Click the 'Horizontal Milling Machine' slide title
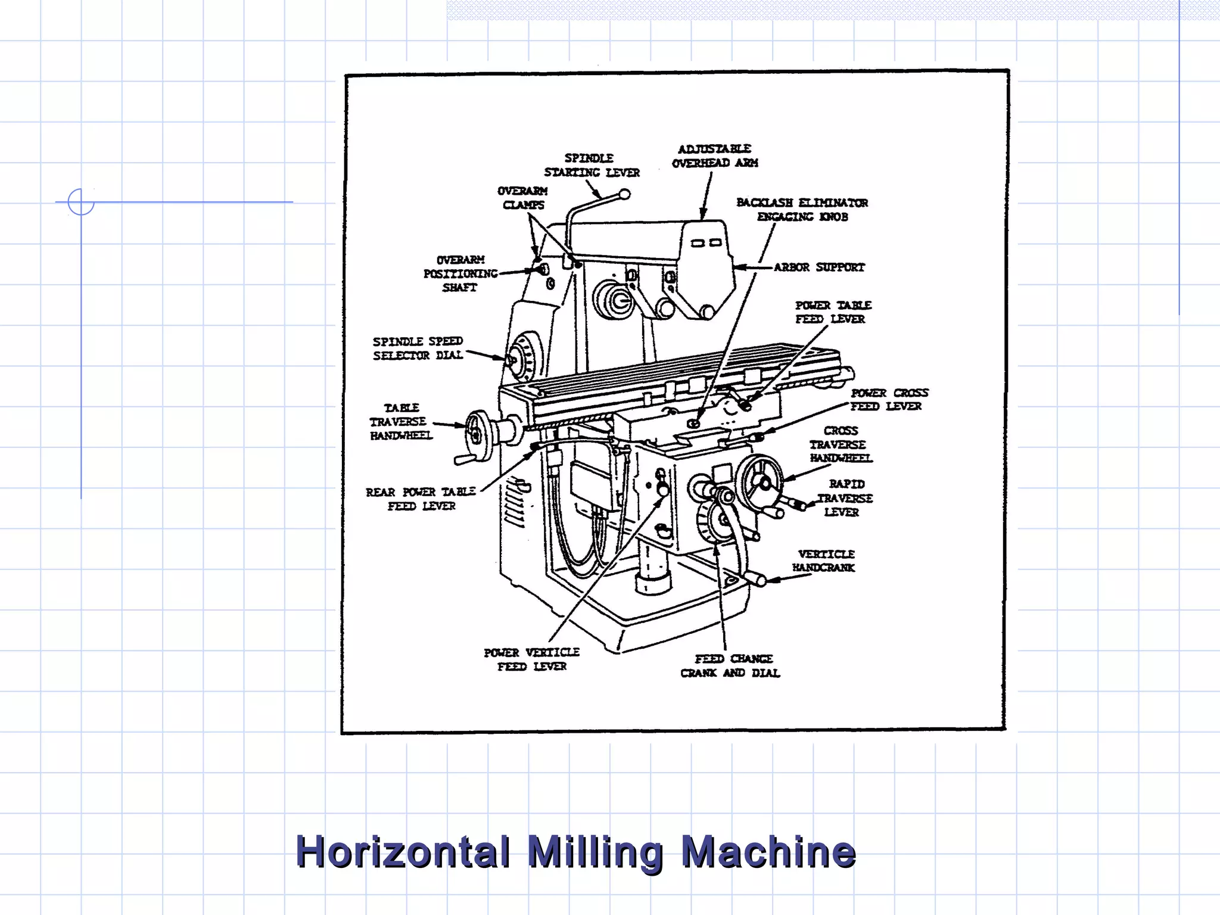[x=575, y=852]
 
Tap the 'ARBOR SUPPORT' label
[x=819, y=267]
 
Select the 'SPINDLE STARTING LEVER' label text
[x=591, y=166]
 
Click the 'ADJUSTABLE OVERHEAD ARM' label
[x=715, y=156]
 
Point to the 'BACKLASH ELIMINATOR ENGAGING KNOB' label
[x=802, y=210]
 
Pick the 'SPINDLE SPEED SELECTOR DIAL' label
[x=418, y=348]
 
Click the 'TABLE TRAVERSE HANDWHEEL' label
[x=401, y=422]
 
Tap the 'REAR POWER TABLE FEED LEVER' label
[x=421, y=499]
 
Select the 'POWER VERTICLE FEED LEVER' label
[x=531, y=659]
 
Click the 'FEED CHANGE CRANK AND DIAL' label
[x=730, y=666]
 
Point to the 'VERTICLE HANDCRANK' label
[x=824, y=561]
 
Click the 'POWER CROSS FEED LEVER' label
[x=888, y=400]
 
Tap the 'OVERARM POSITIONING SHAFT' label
[x=460, y=274]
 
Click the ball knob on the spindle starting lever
[x=624, y=194]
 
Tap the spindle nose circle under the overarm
[x=615, y=300]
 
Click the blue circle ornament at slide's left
[x=80, y=202]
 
